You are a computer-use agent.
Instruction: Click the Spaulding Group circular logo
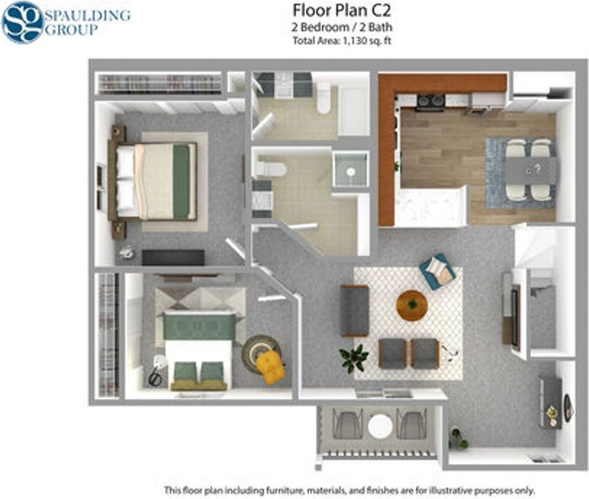pos(22,22)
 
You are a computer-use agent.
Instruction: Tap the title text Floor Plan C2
pos(341,10)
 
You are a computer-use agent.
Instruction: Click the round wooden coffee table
pos(412,305)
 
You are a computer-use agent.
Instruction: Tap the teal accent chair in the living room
pos(438,271)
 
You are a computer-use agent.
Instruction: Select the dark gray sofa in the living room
pos(354,310)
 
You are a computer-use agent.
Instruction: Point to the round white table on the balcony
pos(380,426)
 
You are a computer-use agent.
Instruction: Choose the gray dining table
pos(530,170)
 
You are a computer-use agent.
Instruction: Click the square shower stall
pos(350,169)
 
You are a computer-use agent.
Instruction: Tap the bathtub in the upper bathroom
pos(354,109)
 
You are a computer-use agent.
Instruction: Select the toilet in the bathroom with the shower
pos(270,169)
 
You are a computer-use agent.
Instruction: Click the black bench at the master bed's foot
pos(173,257)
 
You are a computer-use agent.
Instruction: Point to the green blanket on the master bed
pos(181,181)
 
